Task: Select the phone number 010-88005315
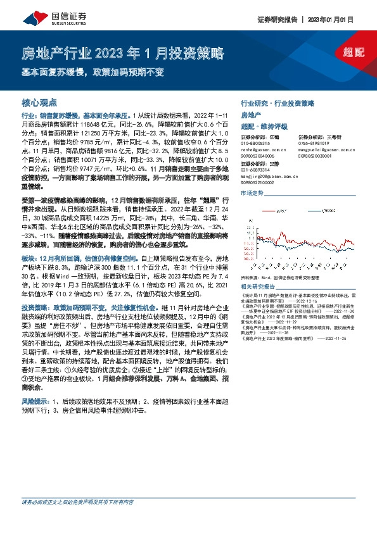pos(255,143)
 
